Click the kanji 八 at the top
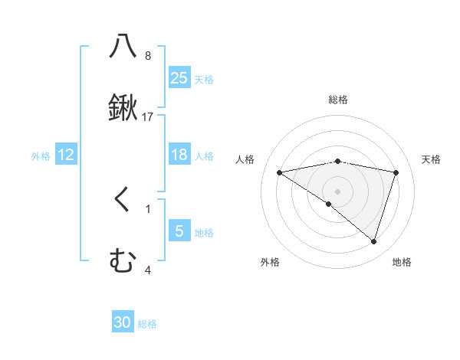tap(123, 45)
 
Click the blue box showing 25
tap(179, 77)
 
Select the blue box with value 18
tap(179, 155)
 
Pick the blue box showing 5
tap(179, 231)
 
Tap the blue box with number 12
tap(66, 155)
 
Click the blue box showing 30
tap(123, 322)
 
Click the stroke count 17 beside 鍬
tap(148, 116)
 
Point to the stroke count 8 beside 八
tap(148, 55)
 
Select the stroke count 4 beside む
tap(148, 270)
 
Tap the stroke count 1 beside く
tap(148, 208)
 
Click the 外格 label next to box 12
tap(41, 155)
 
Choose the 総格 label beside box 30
tap(147, 324)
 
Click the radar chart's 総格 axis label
tap(338, 100)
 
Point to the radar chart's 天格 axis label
tap(432, 159)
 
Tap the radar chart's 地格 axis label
tap(402, 262)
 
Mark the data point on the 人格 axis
tap(280, 172)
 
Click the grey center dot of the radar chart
tap(338, 191)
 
